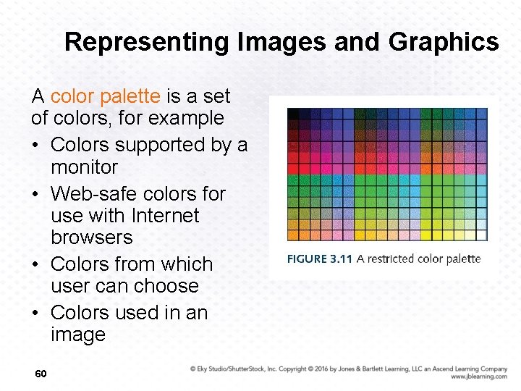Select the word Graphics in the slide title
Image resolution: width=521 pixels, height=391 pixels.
pyautogui.click(x=444, y=42)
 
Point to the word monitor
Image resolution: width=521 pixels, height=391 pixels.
pyautogui.click(x=84, y=167)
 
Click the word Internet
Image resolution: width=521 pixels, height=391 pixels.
pyautogui.click(x=165, y=216)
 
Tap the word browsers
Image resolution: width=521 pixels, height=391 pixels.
pyautogui.click(x=92, y=237)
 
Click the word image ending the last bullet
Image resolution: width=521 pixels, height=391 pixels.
pyautogui.click(x=78, y=335)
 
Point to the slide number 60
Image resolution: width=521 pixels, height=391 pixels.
pyautogui.click(x=41, y=373)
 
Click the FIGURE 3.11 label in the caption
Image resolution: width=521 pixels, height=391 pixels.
pyautogui.click(x=319, y=259)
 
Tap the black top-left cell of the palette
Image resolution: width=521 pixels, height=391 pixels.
pyautogui.click(x=293, y=114)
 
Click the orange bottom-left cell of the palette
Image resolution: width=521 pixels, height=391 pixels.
pyautogui.click(x=293, y=235)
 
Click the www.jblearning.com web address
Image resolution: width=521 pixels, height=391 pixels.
pyautogui.click(x=478, y=377)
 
